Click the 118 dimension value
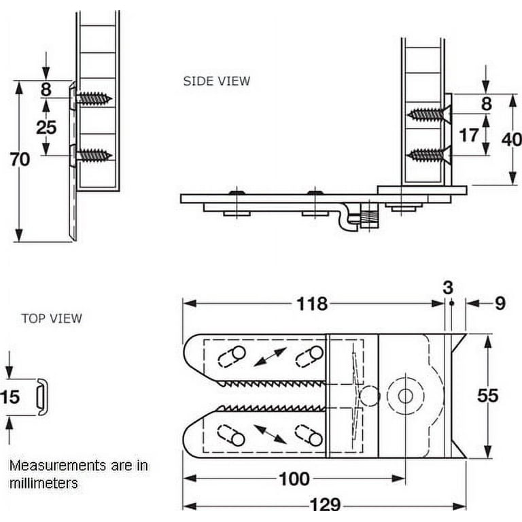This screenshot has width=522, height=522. [x=311, y=304]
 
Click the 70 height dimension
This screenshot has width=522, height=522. [x=20, y=160]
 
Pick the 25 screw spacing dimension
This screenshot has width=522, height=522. [x=46, y=127]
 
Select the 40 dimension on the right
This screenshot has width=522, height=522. [x=511, y=139]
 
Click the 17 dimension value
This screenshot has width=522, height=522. [x=468, y=135]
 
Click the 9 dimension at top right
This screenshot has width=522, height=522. [x=500, y=304]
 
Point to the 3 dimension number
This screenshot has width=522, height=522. [x=448, y=288]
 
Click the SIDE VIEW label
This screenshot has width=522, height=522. [x=216, y=81]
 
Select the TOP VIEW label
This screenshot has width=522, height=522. [x=52, y=318]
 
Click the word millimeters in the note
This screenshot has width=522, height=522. [x=43, y=483]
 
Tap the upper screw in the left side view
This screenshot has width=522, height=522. [x=94, y=99]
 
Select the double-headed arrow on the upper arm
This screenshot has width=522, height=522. [x=270, y=357]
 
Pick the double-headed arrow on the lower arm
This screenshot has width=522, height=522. [x=270, y=433]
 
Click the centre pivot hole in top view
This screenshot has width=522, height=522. [x=406, y=396]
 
